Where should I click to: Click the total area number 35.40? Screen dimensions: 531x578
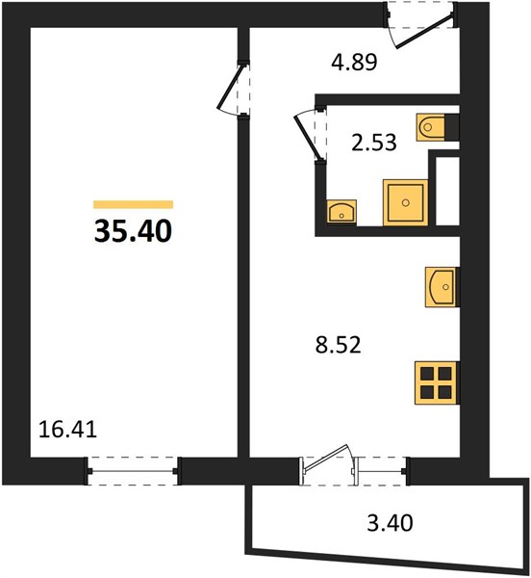click(133, 231)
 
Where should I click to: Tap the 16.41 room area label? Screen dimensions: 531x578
click(67, 430)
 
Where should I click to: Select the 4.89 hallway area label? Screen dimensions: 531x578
click(354, 63)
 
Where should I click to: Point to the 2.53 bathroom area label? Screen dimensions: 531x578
click(374, 143)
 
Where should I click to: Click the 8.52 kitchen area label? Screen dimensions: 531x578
click(339, 345)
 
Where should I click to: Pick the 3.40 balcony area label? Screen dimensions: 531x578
click(390, 523)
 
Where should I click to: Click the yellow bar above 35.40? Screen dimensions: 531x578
click(133, 204)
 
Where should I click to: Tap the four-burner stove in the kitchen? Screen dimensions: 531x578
click(437, 382)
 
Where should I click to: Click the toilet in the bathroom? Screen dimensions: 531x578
click(431, 127)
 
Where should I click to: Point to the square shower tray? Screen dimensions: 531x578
click(406, 202)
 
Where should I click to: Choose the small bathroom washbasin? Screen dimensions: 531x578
click(341, 212)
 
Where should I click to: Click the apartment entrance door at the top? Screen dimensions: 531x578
click(424, 31)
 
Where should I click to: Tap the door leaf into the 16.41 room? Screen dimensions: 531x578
click(230, 87)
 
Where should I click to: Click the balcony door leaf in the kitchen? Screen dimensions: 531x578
click(325, 459)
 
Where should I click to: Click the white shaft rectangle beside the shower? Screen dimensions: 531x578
click(447, 191)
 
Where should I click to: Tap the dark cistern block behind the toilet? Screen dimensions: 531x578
click(452, 127)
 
